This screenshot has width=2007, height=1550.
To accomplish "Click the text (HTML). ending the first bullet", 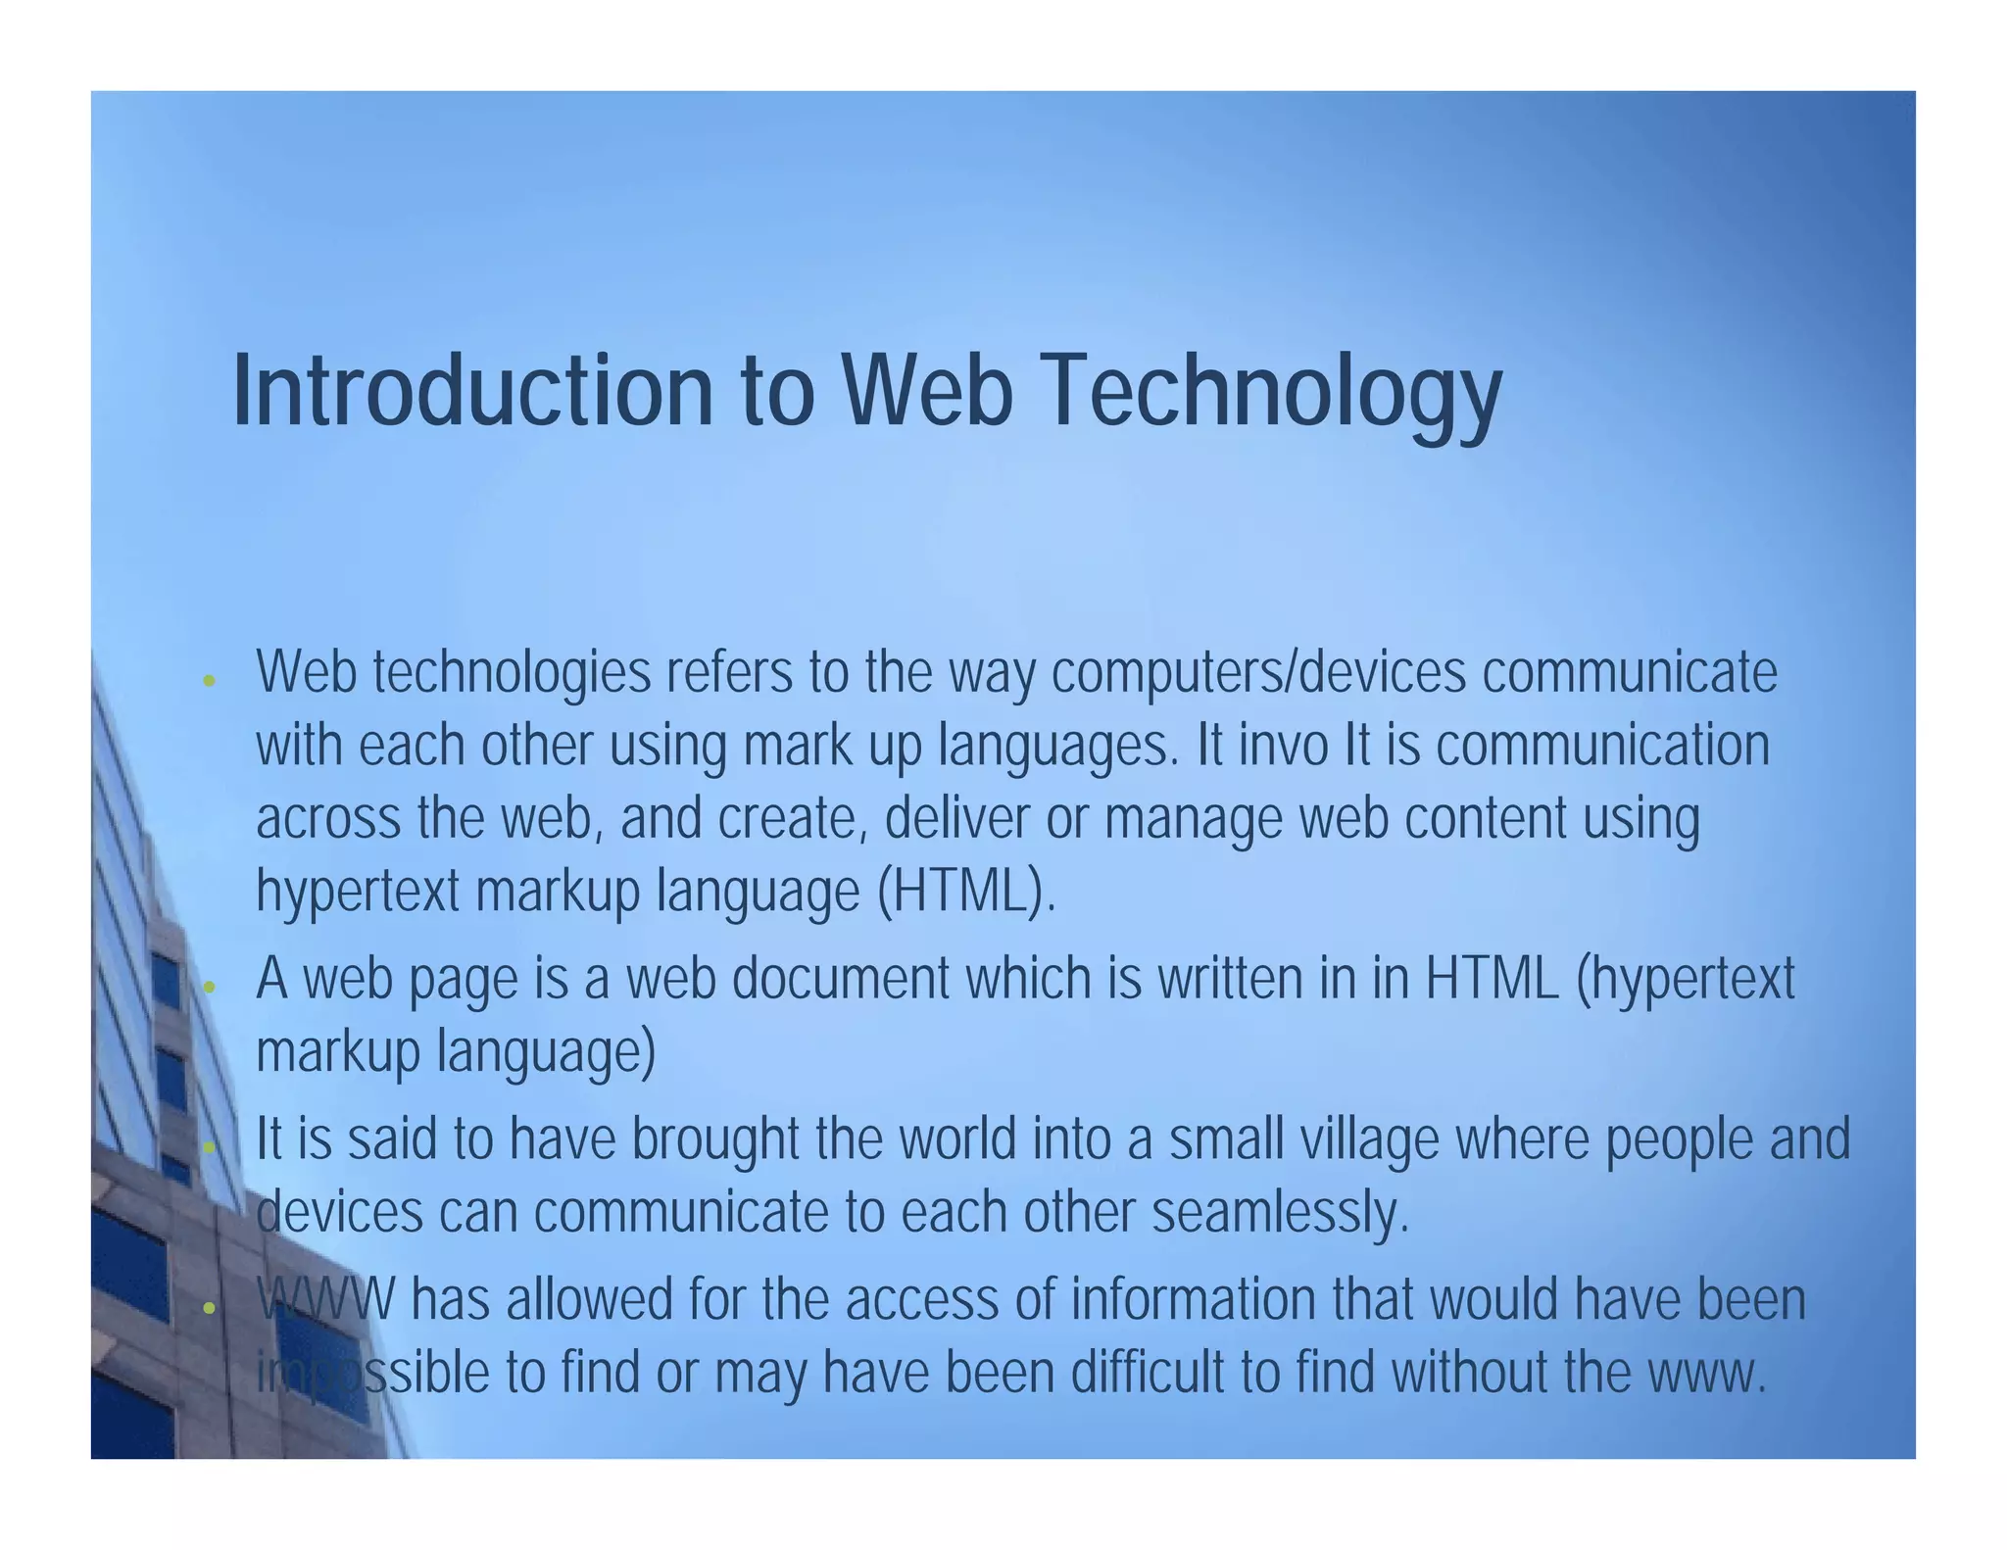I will click(x=966, y=892).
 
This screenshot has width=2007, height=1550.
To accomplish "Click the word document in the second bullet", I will click(x=841, y=979).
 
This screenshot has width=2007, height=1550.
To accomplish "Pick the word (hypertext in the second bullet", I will click(x=1686, y=979).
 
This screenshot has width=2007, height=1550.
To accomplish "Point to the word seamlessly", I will click(x=1280, y=1213).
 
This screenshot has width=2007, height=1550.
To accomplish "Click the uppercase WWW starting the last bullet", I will click(x=325, y=1300).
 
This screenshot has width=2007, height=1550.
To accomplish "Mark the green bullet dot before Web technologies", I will click(x=208, y=680).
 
